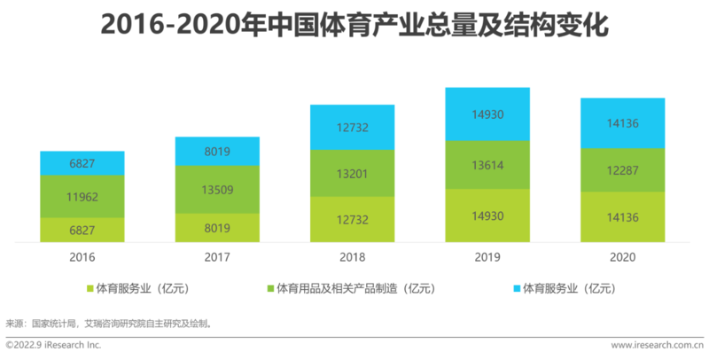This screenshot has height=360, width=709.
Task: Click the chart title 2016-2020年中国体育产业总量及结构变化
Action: click(x=354, y=25)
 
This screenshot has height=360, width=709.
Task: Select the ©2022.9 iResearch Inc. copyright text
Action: click(x=54, y=344)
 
